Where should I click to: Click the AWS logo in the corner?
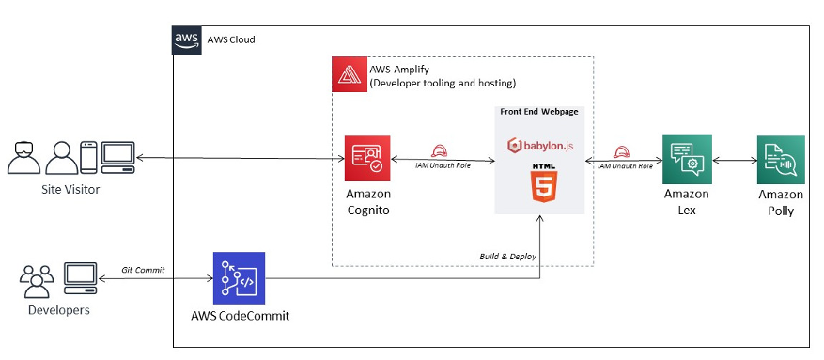coord(187,39)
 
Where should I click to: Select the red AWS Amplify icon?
coord(350,74)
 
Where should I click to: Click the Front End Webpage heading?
coord(538,111)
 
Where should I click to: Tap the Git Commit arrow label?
coord(144,270)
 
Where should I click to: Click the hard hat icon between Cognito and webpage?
coord(438,150)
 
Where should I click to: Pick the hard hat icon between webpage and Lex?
coord(620,150)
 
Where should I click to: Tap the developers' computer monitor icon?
coord(80,275)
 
